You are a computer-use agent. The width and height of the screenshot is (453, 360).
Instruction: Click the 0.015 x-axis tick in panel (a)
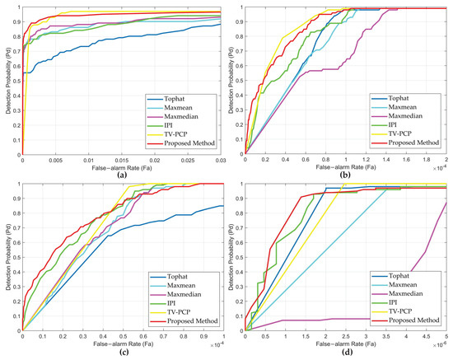pos(121,163)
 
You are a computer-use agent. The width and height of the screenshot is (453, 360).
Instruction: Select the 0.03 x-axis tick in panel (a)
pos(217,163)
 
